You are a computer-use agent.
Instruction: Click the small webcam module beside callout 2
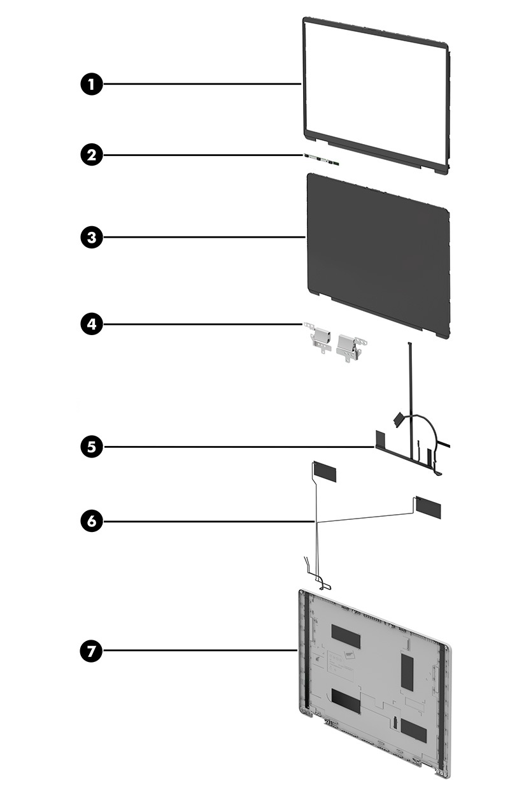click(322, 158)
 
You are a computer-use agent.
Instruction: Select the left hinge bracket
click(318, 338)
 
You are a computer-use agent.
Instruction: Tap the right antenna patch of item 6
click(427, 506)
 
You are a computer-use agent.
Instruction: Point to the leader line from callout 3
click(204, 237)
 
